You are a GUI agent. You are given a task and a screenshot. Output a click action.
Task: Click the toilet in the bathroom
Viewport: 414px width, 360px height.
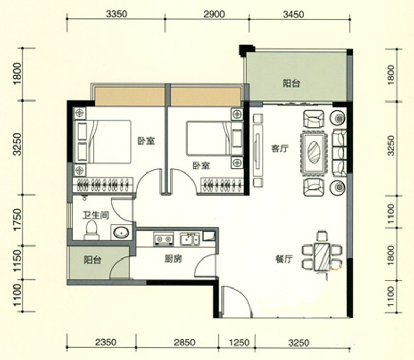tap(92, 230)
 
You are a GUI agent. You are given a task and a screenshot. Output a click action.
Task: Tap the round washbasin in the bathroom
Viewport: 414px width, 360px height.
tap(121, 233)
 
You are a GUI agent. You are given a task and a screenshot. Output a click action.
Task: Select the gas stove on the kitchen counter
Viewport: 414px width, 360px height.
tap(164, 239)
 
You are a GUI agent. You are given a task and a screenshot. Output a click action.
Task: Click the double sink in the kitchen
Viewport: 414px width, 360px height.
tap(189, 239)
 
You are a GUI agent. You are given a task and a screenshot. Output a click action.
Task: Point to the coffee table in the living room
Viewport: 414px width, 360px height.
tap(314, 152)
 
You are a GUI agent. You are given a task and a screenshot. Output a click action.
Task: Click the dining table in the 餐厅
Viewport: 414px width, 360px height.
tap(322, 257)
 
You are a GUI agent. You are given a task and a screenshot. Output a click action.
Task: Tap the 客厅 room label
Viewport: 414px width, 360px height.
tap(280, 149)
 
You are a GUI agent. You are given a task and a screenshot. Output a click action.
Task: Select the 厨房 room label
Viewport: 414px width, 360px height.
tap(173, 259)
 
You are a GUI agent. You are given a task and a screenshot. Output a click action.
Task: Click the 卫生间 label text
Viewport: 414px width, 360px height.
tap(96, 215)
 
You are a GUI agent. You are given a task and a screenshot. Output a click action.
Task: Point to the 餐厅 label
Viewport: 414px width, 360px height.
tap(284, 260)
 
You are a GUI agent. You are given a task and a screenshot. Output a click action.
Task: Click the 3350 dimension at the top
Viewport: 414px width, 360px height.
tap(116, 14)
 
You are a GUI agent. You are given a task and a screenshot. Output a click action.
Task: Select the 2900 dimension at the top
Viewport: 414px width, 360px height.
tap(214, 14)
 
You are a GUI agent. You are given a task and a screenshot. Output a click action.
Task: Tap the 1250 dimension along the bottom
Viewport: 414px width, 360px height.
tap(239, 342)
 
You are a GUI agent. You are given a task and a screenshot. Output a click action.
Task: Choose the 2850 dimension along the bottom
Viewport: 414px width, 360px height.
tap(185, 342)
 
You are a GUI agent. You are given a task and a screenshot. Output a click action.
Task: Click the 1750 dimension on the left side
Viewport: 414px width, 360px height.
tap(18, 220)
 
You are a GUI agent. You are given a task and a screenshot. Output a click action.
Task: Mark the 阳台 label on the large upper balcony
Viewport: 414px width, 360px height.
tap(291, 83)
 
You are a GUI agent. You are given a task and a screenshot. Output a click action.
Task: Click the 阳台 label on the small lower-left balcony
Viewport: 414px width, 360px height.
tap(93, 260)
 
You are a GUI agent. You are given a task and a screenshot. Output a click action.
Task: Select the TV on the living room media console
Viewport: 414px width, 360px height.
tap(257, 150)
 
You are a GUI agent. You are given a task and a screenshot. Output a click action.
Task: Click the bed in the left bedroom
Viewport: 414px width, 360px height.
tap(102, 142)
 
